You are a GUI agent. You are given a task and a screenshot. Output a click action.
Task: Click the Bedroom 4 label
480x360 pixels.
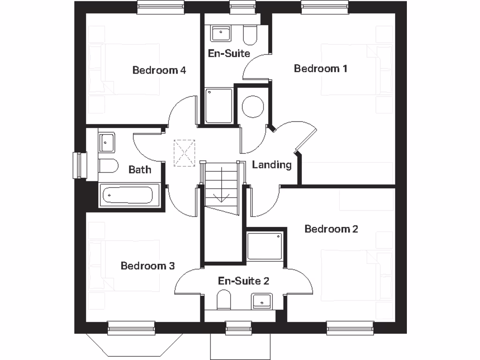pyautogui.click(x=159, y=70)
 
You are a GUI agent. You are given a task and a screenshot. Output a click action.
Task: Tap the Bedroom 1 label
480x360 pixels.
pyautogui.click(x=321, y=68)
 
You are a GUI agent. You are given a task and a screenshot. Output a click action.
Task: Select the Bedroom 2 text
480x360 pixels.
pyautogui.click(x=331, y=229)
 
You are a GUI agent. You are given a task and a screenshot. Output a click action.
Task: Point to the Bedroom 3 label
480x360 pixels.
pyautogui.click(x=148, y=266)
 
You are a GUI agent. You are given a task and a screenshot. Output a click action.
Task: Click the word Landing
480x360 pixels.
pyautogui.click(x=271, y=165)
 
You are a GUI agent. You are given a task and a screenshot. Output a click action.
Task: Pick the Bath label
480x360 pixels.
pyautogui.click(x=140, y=169)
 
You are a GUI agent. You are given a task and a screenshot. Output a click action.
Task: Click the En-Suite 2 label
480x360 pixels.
pyautogui.click(x=244, y=281)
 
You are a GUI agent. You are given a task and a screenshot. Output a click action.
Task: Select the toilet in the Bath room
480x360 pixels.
pyautogui.click(x=108, y=165)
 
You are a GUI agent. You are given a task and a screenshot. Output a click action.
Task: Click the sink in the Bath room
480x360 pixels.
pyautogui.click(x=106, y=142)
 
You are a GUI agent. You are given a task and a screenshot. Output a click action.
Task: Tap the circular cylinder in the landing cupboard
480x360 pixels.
pyautogui.click(x=253, y=106)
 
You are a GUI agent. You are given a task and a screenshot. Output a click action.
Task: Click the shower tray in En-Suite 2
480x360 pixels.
pyautogui.click(x=265, y=246)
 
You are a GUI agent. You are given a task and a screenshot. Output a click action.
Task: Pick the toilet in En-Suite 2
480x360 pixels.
pyautogui.click(x=224, y=300)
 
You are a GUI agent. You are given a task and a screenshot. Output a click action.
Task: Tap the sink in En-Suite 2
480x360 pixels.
pyautogui.click(x=262, y=300)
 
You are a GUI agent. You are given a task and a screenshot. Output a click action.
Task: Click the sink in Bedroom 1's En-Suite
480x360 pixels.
pyautogui.click(x=220, y=33)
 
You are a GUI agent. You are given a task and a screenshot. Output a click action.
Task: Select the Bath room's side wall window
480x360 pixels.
pyautogui.click(x=79, y=165)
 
